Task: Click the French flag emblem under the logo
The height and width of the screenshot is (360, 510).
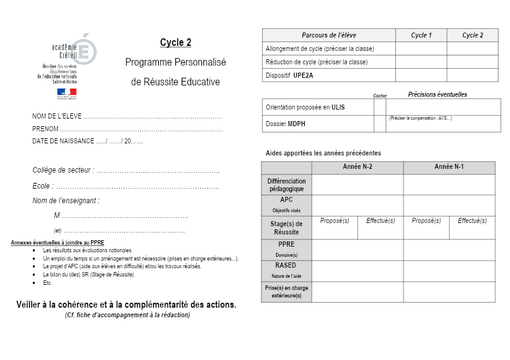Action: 66,93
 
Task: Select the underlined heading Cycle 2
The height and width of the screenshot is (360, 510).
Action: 175,43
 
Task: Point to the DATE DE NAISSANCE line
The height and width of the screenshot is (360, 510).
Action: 87,141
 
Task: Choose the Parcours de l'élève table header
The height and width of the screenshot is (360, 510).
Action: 329,36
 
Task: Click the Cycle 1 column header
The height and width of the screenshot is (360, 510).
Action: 421,36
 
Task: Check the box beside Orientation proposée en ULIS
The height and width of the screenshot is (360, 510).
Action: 380,107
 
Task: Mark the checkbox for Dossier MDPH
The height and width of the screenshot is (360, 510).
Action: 380,124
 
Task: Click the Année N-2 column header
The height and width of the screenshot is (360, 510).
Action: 357,167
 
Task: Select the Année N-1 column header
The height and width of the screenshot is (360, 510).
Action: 449,167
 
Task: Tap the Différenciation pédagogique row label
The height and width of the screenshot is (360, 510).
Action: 286,184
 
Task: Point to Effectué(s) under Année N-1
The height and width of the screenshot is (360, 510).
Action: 472,220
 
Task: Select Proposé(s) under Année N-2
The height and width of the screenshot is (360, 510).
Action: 334,220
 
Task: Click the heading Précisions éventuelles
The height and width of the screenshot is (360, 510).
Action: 437,94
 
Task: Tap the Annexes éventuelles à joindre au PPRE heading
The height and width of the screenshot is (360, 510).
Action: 57,243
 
